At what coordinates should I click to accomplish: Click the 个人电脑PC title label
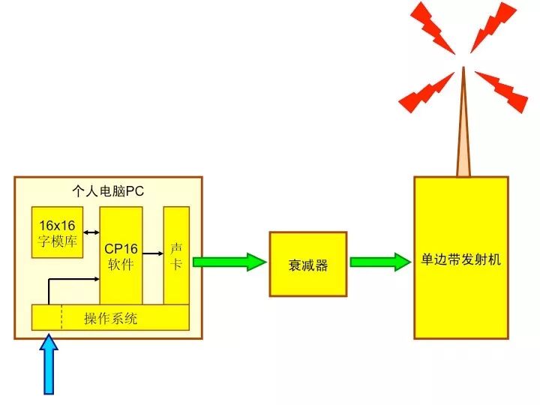pos(108,191)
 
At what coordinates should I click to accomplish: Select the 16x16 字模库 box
pos(57,232)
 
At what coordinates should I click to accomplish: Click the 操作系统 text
pos(110,319)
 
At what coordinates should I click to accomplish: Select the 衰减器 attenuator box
pos(307,264)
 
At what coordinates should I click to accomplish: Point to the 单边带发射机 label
pos(460,261)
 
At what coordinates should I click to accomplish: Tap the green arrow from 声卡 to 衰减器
pos(229,262)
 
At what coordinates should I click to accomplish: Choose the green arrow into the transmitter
pos(380,262)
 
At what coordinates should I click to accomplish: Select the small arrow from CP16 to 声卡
pos(153,253)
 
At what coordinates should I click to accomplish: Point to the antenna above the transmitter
pos(463,127)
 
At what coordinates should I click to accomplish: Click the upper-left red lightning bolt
pos(433,28)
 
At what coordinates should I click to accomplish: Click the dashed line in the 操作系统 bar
pos(61,318)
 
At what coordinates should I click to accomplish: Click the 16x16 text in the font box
pos(58,225)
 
